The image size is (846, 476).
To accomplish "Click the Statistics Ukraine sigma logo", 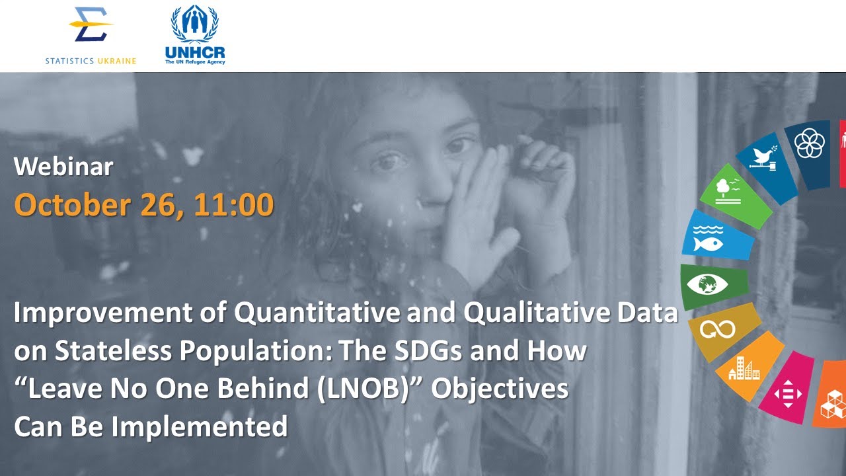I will tap(91, 27).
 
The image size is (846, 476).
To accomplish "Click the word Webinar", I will tap(63, 167).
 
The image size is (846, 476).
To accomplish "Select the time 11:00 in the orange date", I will tap(233, 205).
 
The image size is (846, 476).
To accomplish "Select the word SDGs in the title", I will tap(432, 351).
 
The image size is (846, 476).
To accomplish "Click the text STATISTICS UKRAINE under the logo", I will tap(91, 61).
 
